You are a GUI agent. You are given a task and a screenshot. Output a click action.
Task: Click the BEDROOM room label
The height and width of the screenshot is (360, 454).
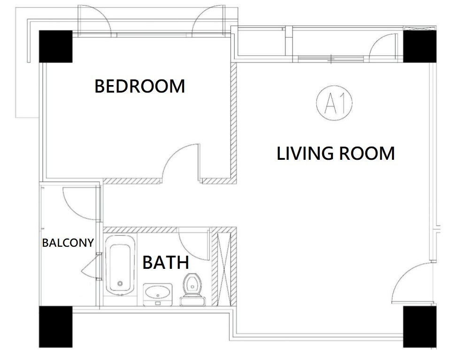point(139,86)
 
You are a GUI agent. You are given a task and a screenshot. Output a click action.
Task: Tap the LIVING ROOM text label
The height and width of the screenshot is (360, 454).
point(336,153)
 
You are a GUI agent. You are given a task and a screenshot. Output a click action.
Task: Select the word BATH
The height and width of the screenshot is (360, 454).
point(166,262)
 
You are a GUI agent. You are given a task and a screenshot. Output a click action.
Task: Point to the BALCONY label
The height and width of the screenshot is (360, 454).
point(68,243)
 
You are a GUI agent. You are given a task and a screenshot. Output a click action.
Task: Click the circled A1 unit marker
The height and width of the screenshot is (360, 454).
point(334,103)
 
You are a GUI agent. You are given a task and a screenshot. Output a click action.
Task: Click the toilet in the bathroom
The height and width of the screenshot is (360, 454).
point(192,290)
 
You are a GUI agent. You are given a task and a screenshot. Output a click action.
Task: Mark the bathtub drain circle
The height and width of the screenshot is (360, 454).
point(120,283)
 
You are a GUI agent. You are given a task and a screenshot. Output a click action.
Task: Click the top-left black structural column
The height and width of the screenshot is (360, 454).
point(55,47)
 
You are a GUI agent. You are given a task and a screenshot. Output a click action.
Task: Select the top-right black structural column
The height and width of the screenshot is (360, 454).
point(420,47)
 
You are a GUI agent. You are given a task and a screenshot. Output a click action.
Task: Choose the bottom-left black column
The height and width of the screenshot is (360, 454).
point(55,327)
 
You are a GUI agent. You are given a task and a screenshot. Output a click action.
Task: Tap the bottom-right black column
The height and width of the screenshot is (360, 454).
point(420,327)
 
